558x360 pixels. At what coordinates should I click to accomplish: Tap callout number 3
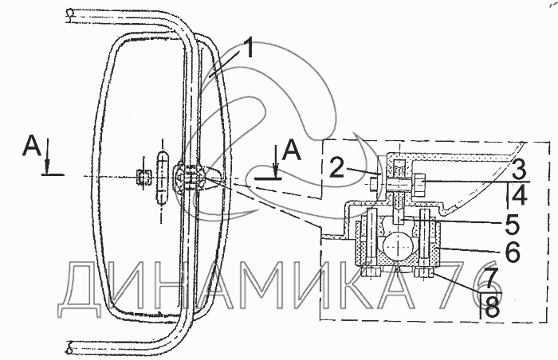pyautogui.click(x=519, y=169)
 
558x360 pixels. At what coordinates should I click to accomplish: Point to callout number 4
pyautogui.click(x=520, y=194)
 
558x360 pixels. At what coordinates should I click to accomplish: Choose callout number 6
pyautogui.click(x=513, y=252)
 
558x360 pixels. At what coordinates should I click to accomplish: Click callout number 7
pyautogui.click(x=493, y=279)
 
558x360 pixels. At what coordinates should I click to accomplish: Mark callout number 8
pyautogui.click(x=492, y=307)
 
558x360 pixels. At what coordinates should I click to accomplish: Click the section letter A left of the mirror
pyautogui.click(x=33, y=147)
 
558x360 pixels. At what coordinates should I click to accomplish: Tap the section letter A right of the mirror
pyautogui.click(x=292, y=150)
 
